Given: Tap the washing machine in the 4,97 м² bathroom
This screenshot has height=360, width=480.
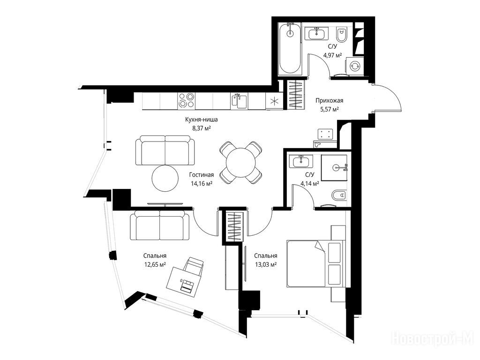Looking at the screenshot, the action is [355, 66].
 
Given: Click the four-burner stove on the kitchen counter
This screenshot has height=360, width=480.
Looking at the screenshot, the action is [187, 100].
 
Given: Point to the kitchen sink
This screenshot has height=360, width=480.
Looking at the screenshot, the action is [239, 101].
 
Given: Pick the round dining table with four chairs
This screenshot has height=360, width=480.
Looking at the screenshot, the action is [240, 162].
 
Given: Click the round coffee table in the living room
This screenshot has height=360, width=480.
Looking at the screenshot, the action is [165, 178].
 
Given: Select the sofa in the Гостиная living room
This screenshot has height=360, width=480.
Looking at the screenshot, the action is [165, 150].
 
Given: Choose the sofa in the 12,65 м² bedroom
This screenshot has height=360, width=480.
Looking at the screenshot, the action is [159, 226].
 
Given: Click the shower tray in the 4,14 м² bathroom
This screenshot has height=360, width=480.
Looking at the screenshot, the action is [334, 168].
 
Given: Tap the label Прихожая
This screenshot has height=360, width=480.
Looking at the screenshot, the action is [330, 100].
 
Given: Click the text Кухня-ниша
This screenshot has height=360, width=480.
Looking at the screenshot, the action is [202, 120].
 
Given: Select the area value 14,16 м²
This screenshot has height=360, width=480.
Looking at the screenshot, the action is [202, 184].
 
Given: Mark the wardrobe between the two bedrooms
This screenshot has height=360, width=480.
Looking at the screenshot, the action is [235, 226].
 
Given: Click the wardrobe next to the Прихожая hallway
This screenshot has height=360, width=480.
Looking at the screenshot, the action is [296, 94].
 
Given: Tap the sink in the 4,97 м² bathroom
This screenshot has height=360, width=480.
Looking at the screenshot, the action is [316, 33].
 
